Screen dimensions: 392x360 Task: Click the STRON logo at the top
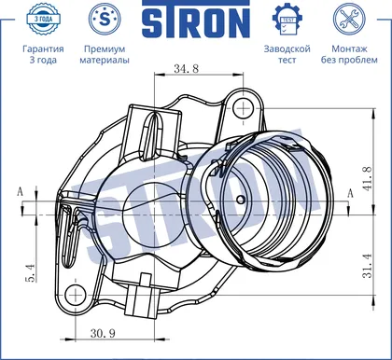(196, 20)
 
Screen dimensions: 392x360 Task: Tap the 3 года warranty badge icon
(43, 19)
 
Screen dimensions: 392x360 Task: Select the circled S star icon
(105, 19)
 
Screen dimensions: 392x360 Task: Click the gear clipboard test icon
(287, 20)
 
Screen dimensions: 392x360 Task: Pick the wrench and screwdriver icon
(349, 19)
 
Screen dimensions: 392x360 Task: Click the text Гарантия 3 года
(43, 54)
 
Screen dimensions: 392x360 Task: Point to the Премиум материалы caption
(105, 54)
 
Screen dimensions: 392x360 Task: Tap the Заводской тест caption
(287, 54)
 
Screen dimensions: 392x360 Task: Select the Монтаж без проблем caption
(349, 54)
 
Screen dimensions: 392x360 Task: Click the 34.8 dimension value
(187, 68)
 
